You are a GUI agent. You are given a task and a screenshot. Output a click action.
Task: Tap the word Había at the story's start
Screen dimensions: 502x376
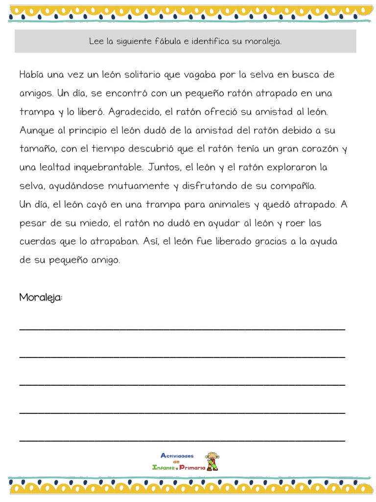[x=33, y=75]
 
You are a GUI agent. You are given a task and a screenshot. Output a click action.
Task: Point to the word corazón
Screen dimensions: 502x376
[x=314, y=149]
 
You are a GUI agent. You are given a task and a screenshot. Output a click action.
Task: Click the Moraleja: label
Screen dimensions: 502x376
[x=41, y=298]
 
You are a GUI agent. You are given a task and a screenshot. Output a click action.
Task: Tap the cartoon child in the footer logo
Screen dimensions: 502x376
[x=212, y=461]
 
